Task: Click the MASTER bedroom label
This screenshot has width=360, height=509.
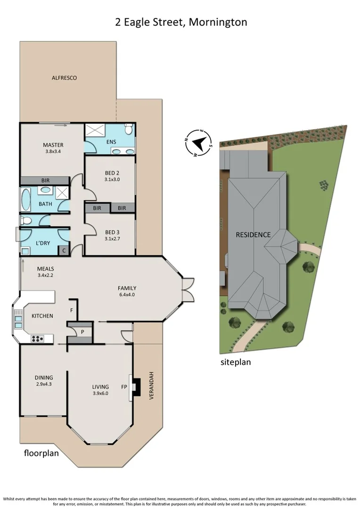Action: tap(53, 145)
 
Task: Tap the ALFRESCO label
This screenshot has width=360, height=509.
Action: tap(64, 78)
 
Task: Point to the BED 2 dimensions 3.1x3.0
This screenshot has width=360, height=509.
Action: tap(112, 179)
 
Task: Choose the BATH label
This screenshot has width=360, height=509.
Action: tap(45, 204)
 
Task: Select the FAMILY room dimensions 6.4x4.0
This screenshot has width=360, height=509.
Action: tap(127, 295)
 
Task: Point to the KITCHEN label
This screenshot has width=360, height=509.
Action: tap(42, 316)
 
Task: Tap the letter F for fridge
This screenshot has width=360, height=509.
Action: tap(71, 311)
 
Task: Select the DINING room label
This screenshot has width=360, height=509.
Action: tap(43, 378)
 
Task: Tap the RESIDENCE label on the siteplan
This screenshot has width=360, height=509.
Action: tap(253, 235)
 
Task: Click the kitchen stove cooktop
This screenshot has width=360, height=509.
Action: tap(37, 338)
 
